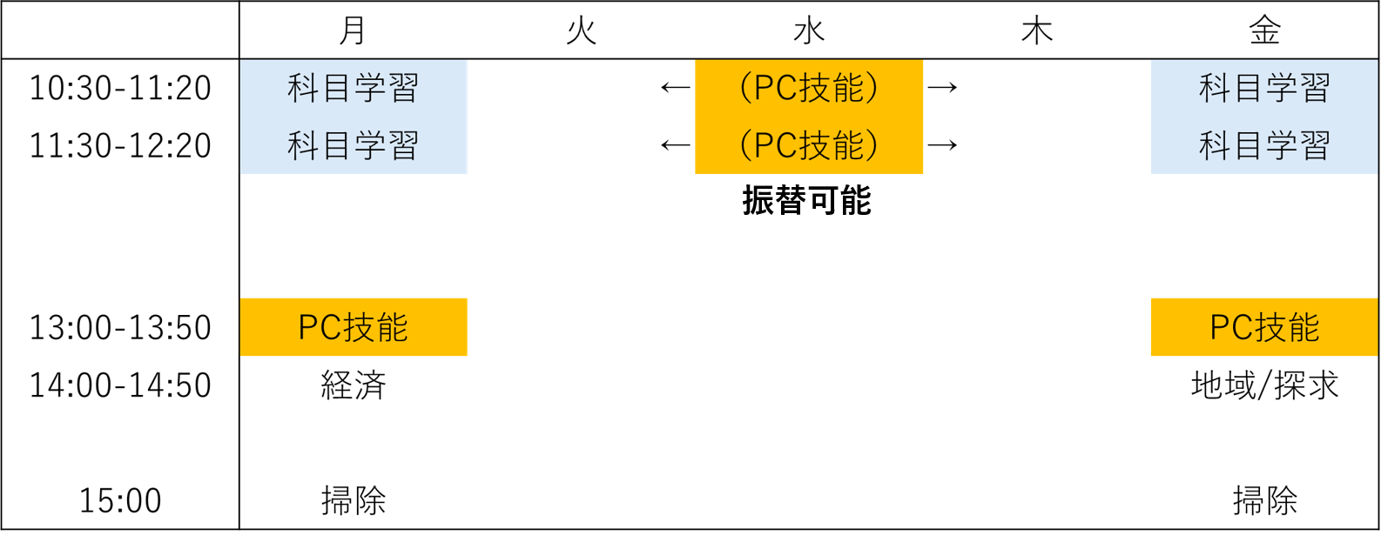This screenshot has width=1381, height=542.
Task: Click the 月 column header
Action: click(x=353, y=30)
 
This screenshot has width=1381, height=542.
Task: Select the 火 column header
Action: click(x=581, y=31)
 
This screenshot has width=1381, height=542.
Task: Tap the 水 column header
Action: click(x=809, y=31)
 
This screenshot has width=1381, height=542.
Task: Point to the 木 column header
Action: click(x=1037, y=31)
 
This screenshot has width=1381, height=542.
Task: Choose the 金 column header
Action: click(x=1264, y=31)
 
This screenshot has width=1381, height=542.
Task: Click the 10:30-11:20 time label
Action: click(x=120, y=88)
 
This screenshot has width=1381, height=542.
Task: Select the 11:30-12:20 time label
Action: click(x=120, y=145)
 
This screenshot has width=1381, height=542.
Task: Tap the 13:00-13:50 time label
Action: click(x=120, y=327)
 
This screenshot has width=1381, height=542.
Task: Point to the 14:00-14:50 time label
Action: click(x=120, y=385)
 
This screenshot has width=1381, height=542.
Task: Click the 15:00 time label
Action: click(x=120, y=500)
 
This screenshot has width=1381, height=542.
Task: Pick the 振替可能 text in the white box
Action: click(x=806, y=201)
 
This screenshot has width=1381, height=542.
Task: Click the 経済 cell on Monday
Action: click(x=353, y=385)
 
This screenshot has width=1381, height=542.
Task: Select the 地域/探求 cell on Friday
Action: click(x=1264, y=385)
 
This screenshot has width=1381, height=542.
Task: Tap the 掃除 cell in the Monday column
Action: click(x=353, y=500)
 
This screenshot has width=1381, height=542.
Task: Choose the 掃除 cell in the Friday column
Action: click(x=1264, y=500)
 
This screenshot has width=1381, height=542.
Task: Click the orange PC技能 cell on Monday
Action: click(x=353, y=327)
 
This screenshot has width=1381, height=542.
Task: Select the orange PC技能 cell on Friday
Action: click(x=1264, y=327)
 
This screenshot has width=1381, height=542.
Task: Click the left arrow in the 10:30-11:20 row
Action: click(x=675, y=87)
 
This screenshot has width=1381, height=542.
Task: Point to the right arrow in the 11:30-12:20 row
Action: click(x=942, y=144)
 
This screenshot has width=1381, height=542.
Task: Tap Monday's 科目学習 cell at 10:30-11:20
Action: click(x=353, y=88)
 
